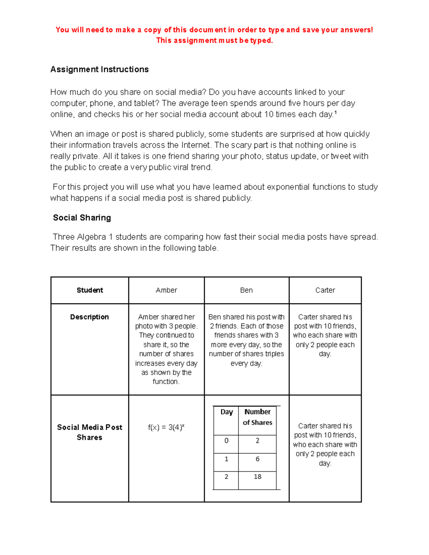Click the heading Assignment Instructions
coord(99,69)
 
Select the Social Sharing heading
coord(82,218)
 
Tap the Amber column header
coord(166,290)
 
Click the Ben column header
coord(246,290)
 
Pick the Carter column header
coord(325,290)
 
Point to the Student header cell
coord(90,290)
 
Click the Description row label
coord(89,317)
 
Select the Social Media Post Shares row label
coord(89,432)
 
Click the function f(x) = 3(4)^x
coord(166,427)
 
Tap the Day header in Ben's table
coord(227,412)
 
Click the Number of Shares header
coord(257,417)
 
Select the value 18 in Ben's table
coord(257,477)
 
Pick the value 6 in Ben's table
coord(257,459)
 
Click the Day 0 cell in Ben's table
coord(226,441)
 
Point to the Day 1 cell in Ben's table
coord(226,459)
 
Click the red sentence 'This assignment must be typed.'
coord(214,40)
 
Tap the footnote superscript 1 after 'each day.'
coord(335,113)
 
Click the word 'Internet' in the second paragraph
coord(196,145)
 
